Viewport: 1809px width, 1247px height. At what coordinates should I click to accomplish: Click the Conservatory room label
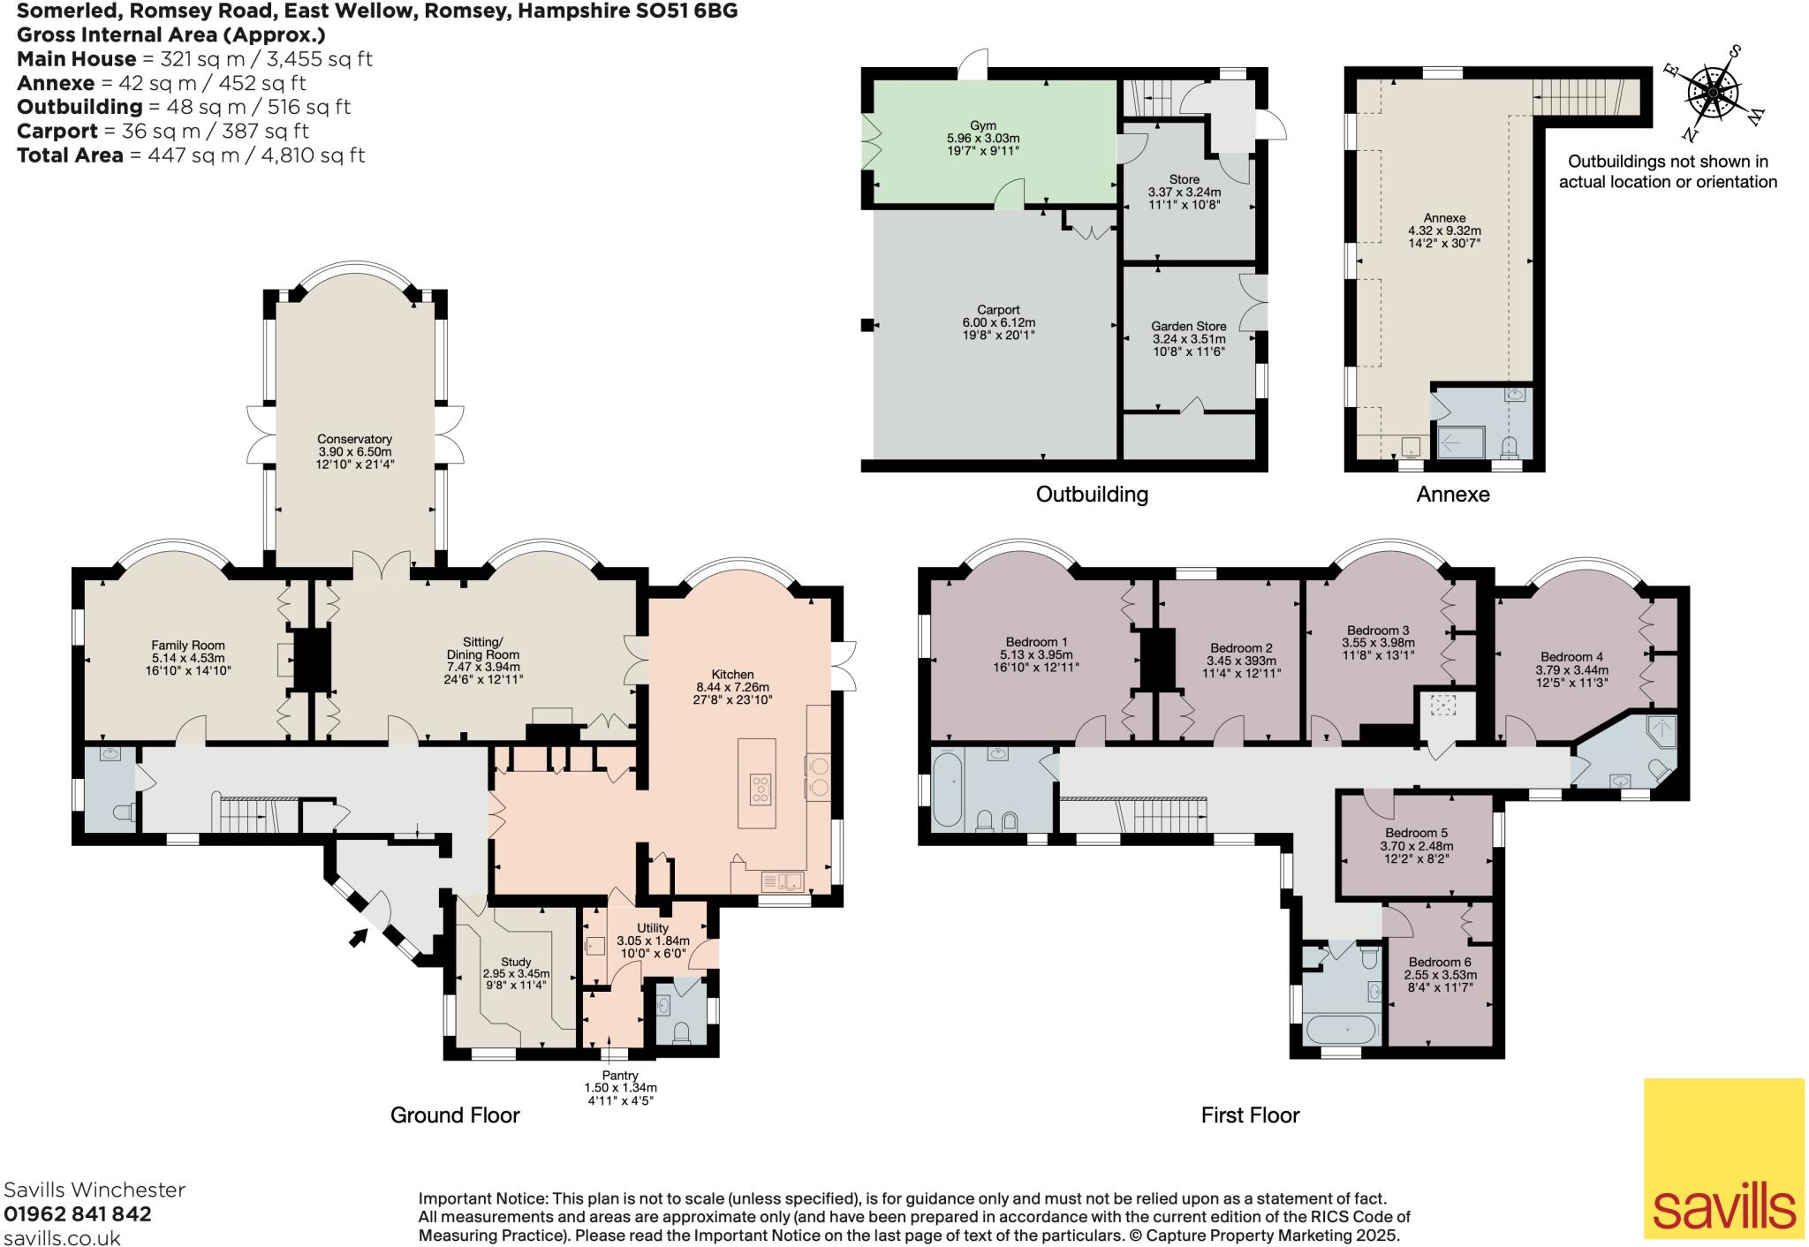point(354,439)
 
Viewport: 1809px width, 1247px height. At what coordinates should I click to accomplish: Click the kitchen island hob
point(759,789)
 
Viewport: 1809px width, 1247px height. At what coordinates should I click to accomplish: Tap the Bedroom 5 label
point(1415,833)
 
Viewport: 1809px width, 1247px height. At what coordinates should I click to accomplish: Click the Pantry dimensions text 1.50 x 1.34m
point(620,1088)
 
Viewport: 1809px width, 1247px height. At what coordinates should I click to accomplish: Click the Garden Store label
point(1188,326)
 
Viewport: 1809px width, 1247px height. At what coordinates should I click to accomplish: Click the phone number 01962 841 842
point(78,1214)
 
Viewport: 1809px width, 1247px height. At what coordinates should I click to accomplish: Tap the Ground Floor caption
point(455,1115)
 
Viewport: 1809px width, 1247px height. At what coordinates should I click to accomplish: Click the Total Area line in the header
point(191,155)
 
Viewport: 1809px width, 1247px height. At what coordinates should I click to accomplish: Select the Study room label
point(516,962)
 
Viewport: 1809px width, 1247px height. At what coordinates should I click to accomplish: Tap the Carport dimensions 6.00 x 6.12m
point(998,322)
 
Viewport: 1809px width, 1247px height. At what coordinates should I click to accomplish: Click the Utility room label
point(653,928)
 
